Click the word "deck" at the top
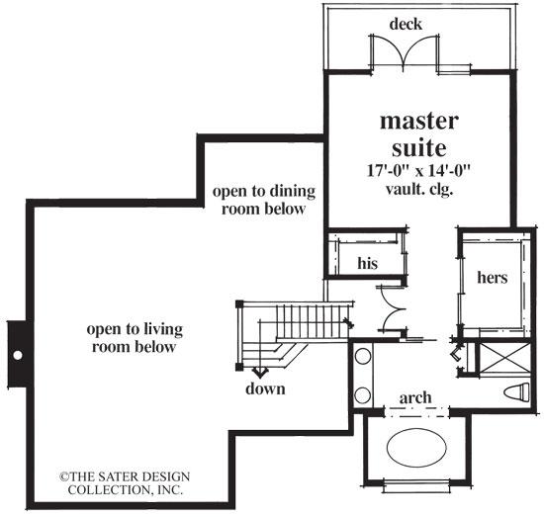click(406, 23)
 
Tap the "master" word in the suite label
click(419, 123)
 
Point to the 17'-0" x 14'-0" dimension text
click(419, 169)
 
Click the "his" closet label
click(367, 264)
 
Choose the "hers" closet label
click(492, 278)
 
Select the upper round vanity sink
click(363, 357)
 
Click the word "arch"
click(414, 397)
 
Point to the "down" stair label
click(265, 388)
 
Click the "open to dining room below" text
click(255, 200)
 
